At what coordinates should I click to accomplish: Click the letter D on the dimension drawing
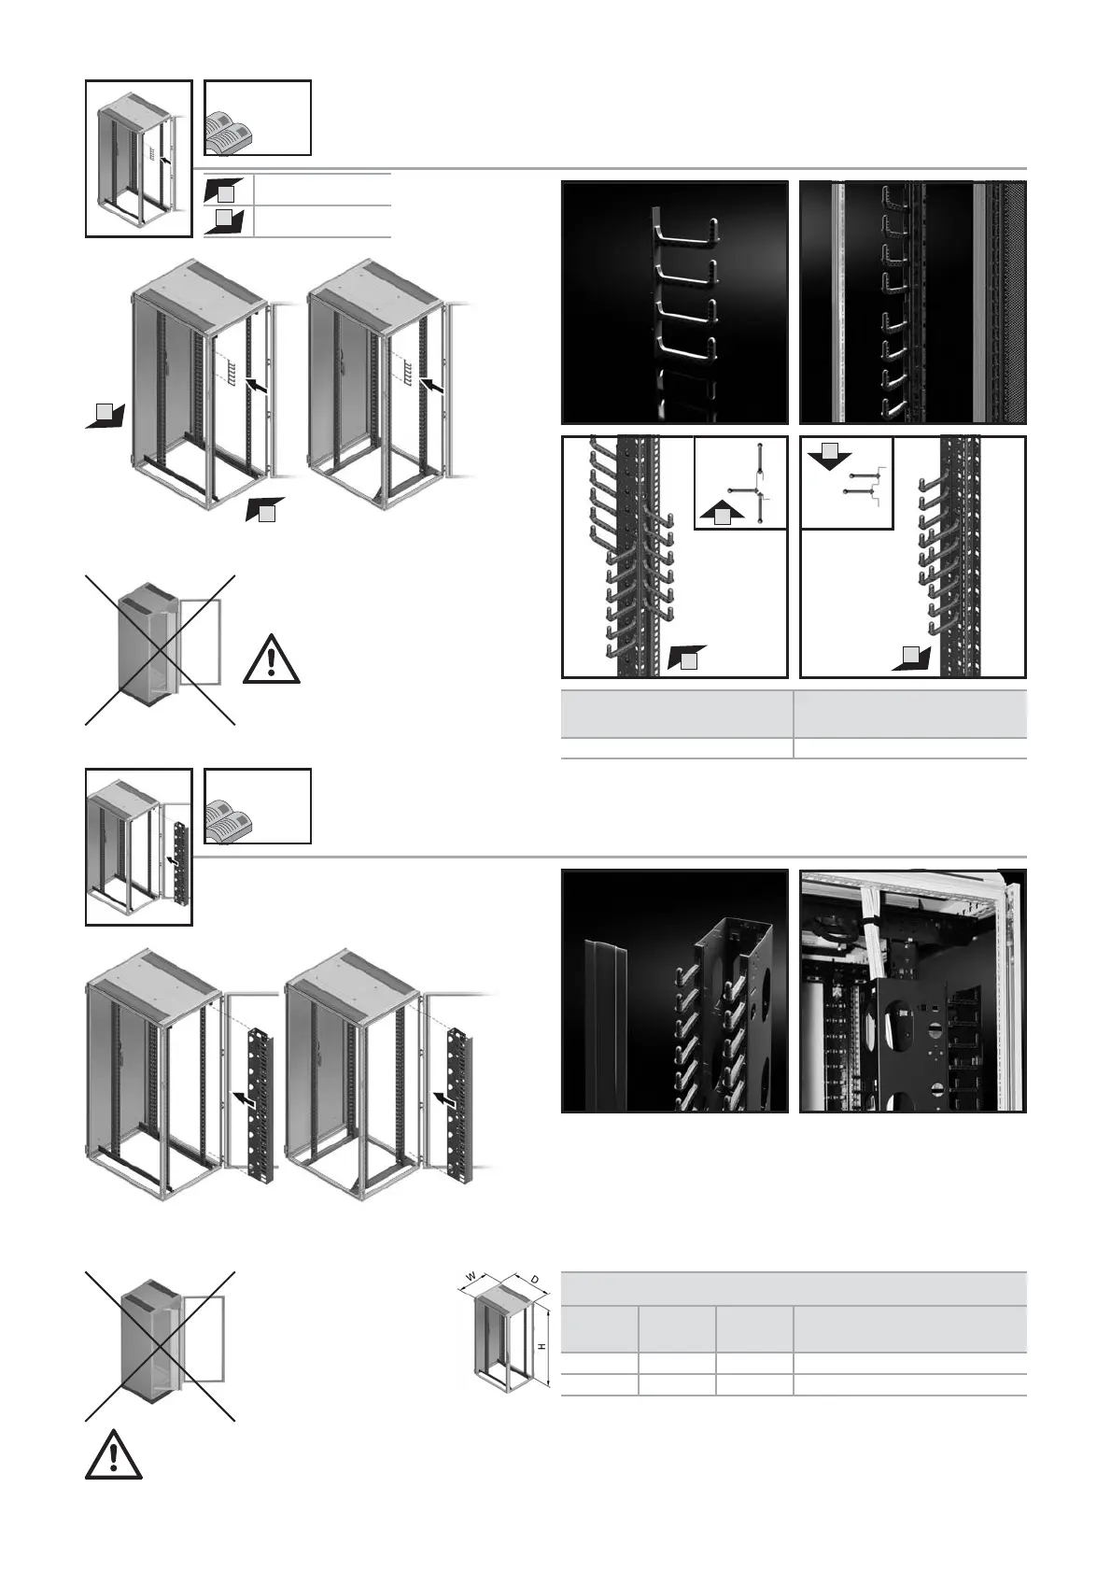pos(534,1277)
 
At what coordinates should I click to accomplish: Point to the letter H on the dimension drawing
pos(542,1345)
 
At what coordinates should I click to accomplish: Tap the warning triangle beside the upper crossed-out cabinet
pos(271,659)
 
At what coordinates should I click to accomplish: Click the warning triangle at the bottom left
pos(113,1455)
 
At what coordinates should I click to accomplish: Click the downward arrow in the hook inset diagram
pos(829,457)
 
